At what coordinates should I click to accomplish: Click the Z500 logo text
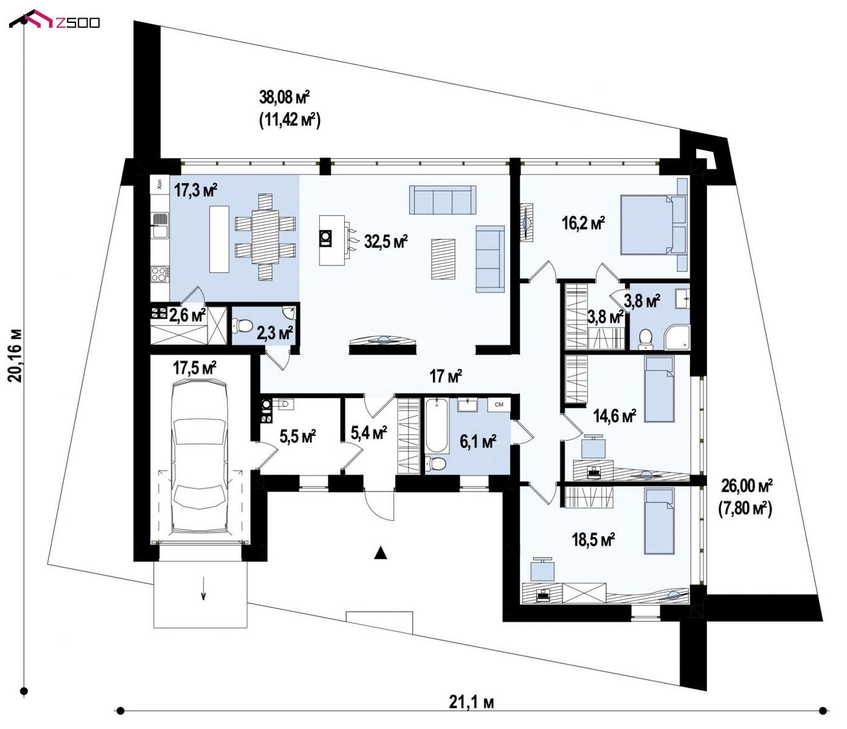point(77,22)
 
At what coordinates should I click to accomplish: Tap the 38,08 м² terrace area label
point(284,98)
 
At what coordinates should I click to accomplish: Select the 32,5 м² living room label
point(386,241)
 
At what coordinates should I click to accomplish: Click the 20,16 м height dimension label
point(14,355)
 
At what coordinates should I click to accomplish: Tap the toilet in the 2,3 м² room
point(245,326)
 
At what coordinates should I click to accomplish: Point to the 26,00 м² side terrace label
point(747,486)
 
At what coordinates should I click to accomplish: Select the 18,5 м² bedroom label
point(593,540)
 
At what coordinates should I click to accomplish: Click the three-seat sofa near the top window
point(443,200)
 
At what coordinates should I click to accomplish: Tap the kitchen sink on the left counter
point(159,225)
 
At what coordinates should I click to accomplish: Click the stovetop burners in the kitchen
point(159,274)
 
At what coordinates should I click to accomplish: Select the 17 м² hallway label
point(446,375)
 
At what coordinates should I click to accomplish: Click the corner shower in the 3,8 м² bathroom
point(677,337)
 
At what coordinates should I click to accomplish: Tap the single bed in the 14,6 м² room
point(659,389)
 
